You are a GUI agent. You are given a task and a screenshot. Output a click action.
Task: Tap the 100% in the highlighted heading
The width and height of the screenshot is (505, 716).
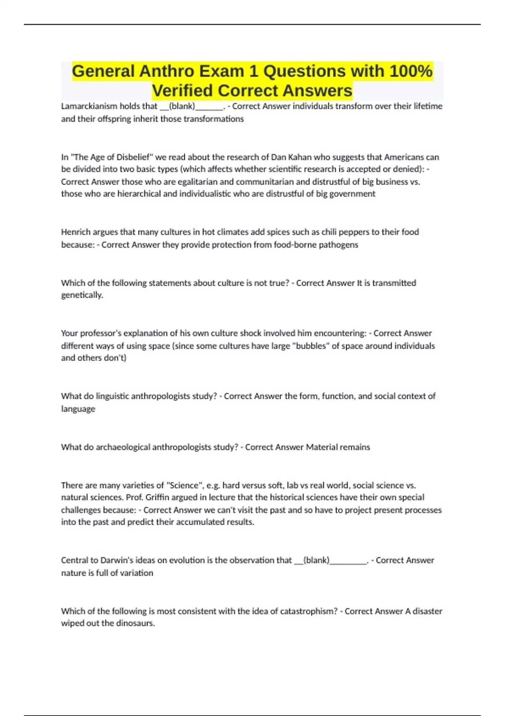411,71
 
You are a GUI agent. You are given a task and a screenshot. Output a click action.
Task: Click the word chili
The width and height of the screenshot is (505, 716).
330,232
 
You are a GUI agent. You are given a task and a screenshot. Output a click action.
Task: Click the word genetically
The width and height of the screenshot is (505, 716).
82,295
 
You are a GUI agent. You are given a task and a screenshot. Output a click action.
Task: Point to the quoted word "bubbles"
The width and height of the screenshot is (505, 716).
311,346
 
